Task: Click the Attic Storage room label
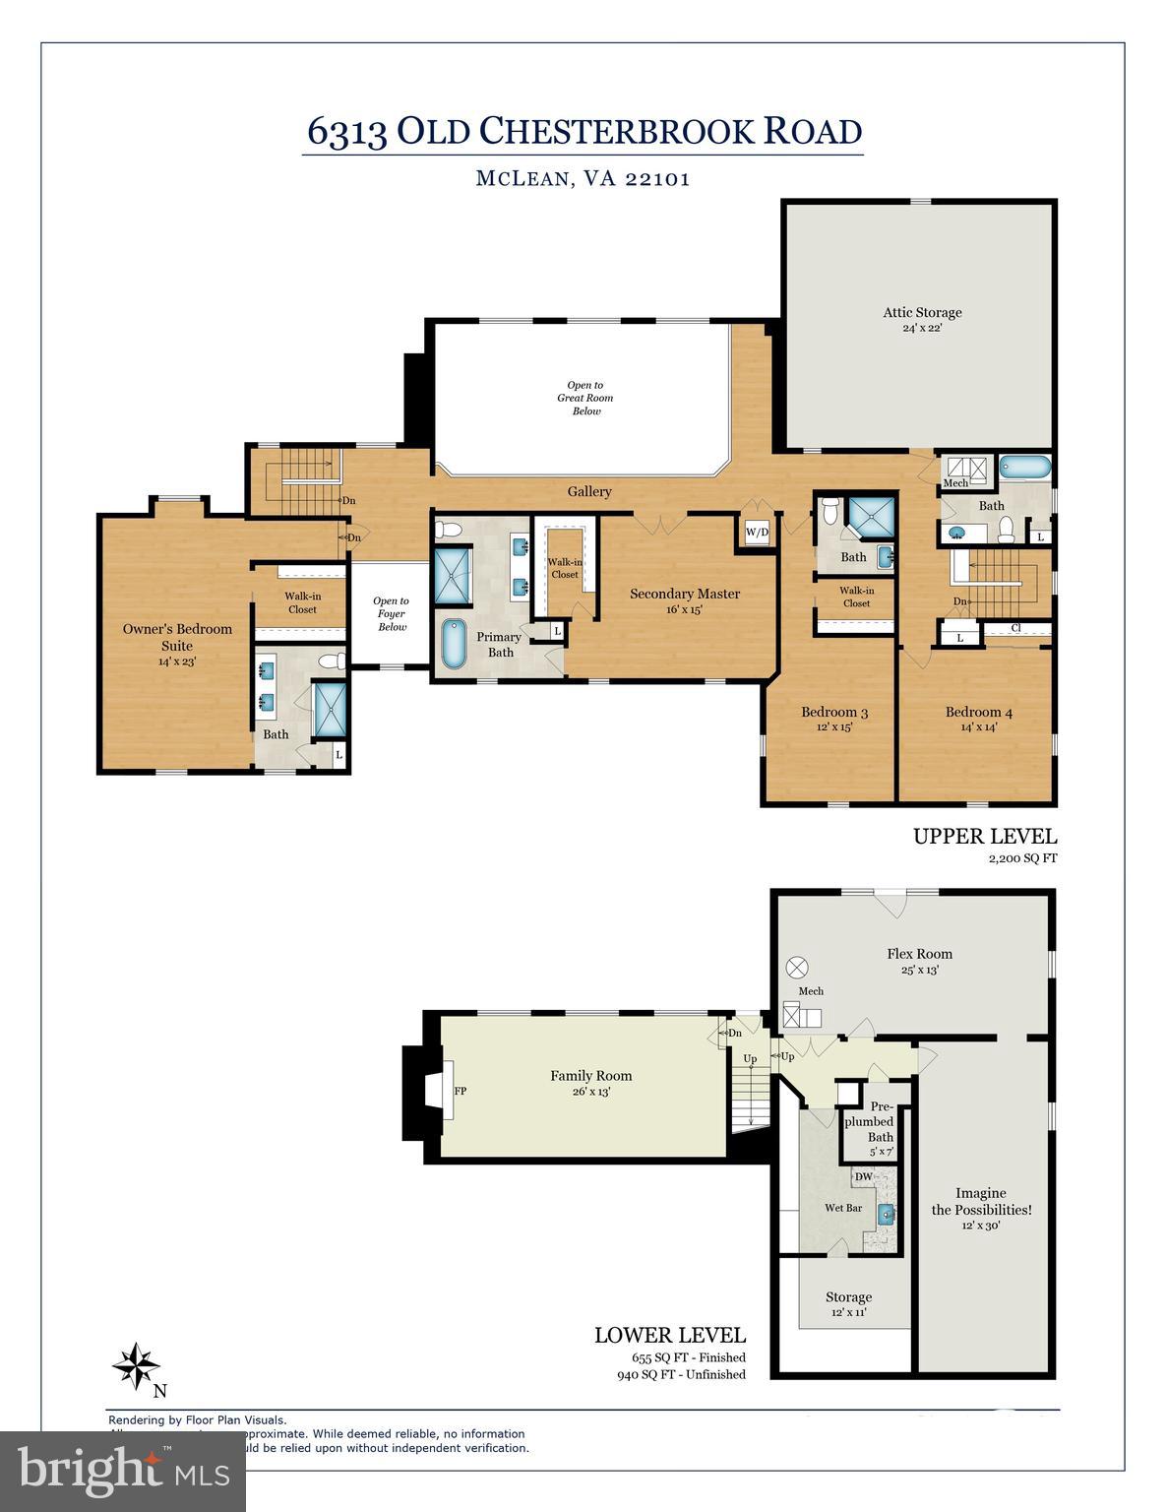pos(921,313)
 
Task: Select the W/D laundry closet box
pos(757,533)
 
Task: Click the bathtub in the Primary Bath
pos(454,645)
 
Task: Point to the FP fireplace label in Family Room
pos(460,1092)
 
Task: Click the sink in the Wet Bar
pos(885,1213)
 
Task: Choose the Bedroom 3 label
pos(833,712)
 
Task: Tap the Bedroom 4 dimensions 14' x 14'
pos(978,727)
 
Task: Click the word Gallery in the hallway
pos(589,491)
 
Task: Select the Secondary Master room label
pos(684,594)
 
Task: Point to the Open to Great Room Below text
pos(585,398)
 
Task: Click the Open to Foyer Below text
pos(391,613)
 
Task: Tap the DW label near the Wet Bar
pos(863,1176)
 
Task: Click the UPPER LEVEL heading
pos(984,837)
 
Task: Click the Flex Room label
pos(919,953)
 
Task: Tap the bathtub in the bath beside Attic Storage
pos(1025,467)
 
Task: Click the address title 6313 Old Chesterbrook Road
pos(583,131)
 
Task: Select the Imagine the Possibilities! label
pos(981,1201)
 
